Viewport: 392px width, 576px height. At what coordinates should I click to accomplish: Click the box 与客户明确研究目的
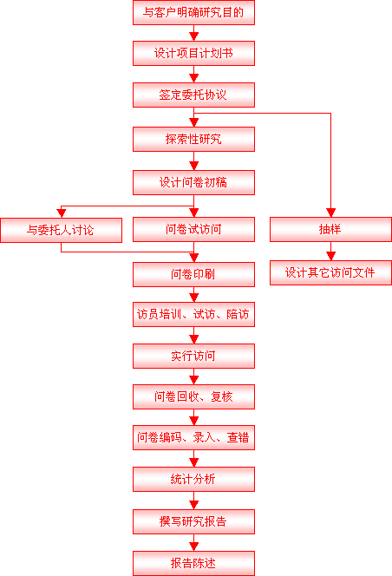pos(193,12)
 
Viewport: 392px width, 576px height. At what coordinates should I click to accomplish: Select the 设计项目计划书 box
pos(193,53)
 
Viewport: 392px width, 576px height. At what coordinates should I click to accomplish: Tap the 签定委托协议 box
pos(193,95)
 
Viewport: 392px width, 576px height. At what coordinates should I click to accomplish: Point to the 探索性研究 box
pos(193,139)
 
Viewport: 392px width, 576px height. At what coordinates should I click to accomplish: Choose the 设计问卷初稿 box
pos(193,182)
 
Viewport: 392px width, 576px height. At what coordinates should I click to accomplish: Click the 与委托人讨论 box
pos(61,231)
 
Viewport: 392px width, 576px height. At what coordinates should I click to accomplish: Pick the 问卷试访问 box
pos(193,229)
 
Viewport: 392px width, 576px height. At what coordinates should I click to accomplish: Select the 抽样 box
pos(330,229)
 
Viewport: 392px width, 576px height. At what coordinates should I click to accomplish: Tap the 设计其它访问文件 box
pos(330,272)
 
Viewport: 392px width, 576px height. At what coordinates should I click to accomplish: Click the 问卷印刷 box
pos(193,274)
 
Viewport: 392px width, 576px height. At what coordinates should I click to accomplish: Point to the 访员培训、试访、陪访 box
pos(193,314)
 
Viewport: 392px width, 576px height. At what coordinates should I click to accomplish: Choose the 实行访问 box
pos(193,356)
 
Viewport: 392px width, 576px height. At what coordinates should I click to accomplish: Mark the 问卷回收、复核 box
pos(193,396)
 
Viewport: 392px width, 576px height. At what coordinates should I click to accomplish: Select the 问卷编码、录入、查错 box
pos(193,437)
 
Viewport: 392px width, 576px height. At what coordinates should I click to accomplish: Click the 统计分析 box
pos(193,479)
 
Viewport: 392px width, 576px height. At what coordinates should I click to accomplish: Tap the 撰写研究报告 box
pos(193,521)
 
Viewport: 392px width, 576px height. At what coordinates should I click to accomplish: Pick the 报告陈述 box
pos(193,563)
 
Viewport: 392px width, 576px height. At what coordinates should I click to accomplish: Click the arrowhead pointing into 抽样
pos(330,213)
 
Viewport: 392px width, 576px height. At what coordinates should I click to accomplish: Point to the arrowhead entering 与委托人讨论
pos(61,213)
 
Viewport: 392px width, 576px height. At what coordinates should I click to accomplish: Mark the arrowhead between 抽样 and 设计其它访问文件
pos(330,256)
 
